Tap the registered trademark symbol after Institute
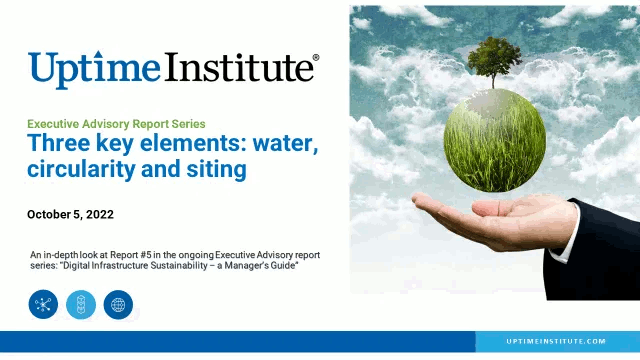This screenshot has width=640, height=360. (316, 59)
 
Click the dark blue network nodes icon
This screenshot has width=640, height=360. (44, 304)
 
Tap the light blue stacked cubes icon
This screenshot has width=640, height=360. (81, 304)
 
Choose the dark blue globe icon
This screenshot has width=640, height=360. (118, 304)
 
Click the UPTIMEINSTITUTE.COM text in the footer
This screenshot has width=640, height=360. (556, 341)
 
